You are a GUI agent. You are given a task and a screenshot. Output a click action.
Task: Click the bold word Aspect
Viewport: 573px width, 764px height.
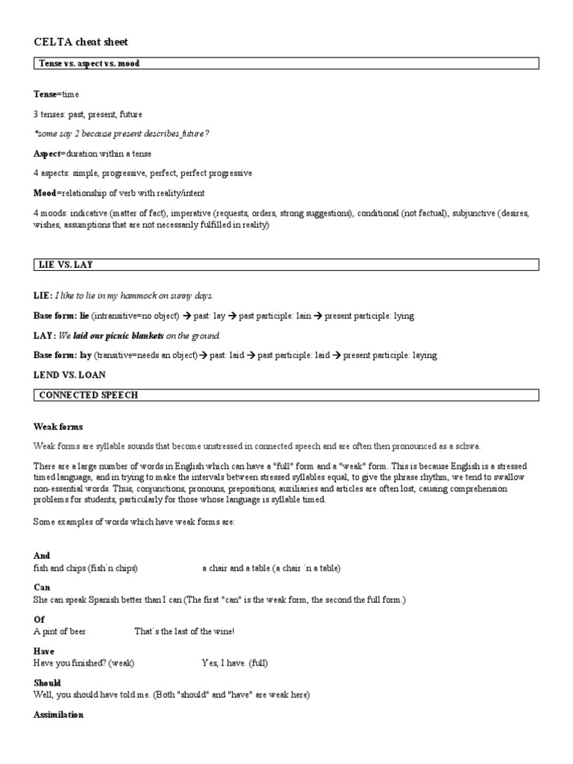point(48,154)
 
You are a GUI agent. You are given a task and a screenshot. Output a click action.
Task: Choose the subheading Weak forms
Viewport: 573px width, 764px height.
point(58,427)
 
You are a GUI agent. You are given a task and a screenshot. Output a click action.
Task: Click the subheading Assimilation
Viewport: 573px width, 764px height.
point(58,715)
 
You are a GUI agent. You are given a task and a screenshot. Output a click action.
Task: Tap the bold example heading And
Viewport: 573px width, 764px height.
point(41,556)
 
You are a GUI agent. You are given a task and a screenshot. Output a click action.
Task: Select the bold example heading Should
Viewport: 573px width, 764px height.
point(47,683)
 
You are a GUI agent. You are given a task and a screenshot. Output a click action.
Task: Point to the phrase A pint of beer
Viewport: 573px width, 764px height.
point(60,632)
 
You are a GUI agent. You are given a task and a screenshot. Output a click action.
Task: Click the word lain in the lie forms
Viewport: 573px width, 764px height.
point(301,316)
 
